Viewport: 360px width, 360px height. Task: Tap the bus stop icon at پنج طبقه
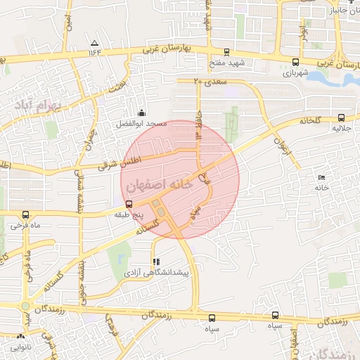[x=129, y=203]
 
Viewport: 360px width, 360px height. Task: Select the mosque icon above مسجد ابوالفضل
[x=141, y=112]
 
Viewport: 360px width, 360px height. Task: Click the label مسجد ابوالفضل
[x=142, y=124]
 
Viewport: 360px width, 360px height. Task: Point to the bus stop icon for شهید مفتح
[x=226, y=52]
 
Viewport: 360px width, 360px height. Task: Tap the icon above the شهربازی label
[x=294, y=61]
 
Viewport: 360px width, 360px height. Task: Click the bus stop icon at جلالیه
[x=341, y=118]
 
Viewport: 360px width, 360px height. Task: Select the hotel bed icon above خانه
[x=322, y=176]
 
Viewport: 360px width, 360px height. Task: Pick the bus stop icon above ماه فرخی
[x=26, y=214]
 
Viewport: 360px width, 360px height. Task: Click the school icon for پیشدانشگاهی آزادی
[x=155, y=262]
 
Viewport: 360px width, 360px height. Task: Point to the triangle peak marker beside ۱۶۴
[x=95, y=44]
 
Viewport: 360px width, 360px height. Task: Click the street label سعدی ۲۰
[x=207, y=82]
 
